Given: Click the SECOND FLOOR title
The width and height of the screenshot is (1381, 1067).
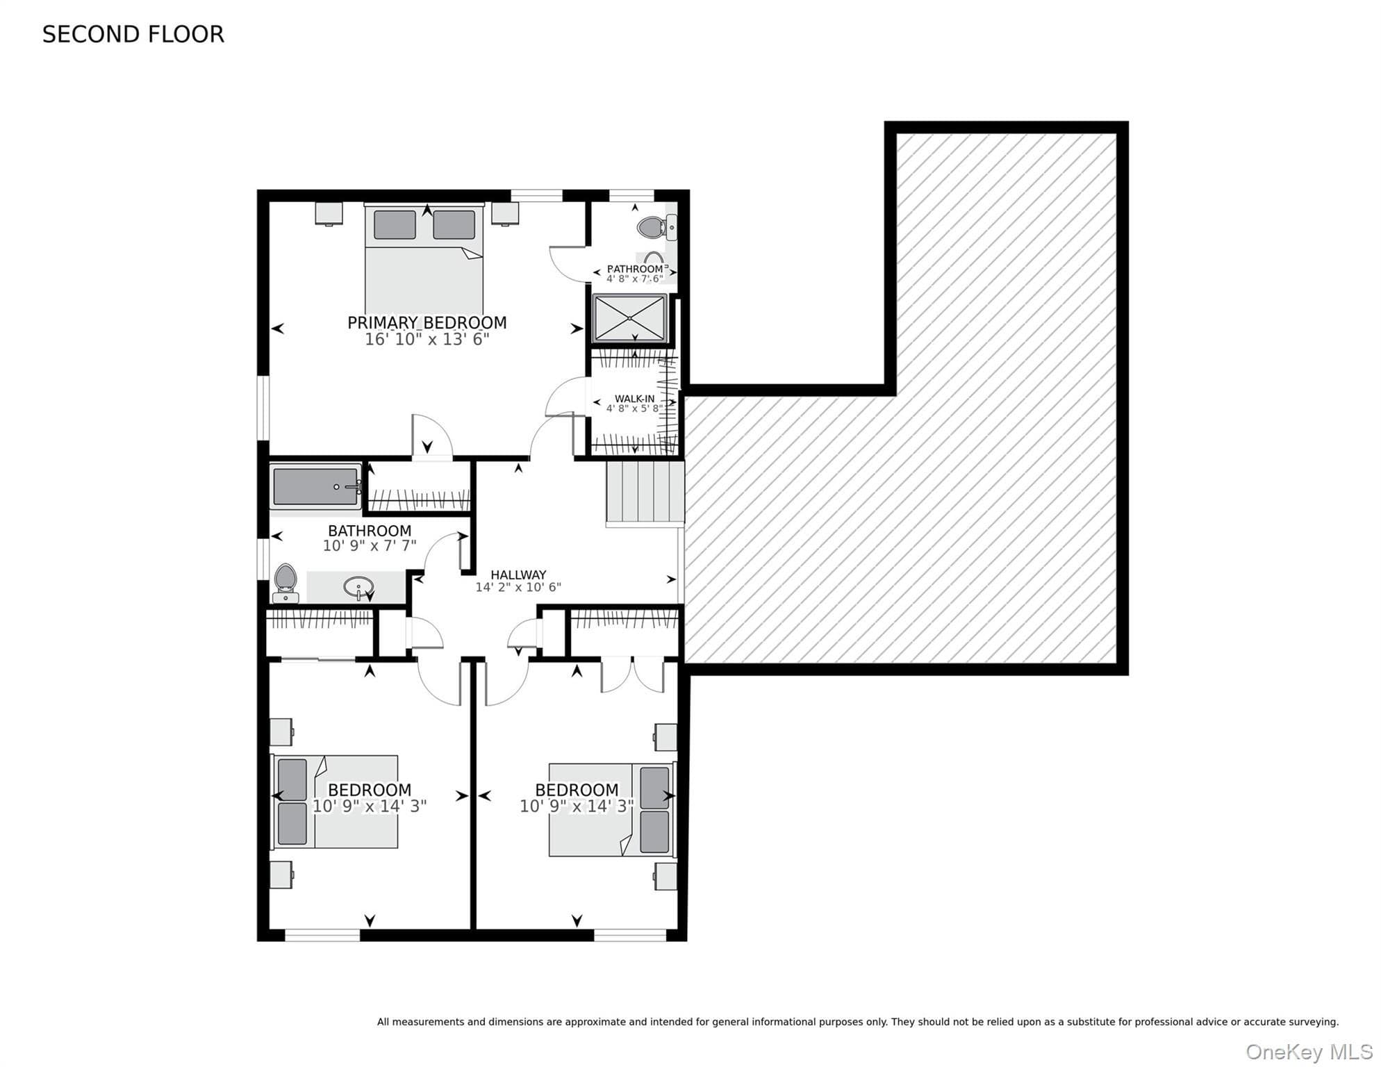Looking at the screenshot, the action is tap(133, 34).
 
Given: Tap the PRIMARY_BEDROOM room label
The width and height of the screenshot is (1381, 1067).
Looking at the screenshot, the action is tap(427, 322).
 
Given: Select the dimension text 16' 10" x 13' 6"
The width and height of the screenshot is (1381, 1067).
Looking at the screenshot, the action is tap(427, 339).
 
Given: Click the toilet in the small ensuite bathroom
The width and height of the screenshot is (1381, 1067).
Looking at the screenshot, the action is tap(657, 227).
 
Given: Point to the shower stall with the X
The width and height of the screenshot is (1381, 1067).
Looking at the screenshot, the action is tap(629, 318).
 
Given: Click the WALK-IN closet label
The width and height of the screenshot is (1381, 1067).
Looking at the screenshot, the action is tap(634, 399).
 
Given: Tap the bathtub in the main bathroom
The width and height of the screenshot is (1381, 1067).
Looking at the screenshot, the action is tap(317, 487).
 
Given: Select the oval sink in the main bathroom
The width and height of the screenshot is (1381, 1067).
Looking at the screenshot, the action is tap(358, 588).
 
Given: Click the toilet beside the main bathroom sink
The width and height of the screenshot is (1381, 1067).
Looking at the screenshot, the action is tap(286, 584).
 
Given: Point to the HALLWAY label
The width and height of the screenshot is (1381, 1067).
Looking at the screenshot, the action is tap(518, 574).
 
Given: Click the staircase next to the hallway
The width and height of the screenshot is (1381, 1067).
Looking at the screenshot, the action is tap(645, 493).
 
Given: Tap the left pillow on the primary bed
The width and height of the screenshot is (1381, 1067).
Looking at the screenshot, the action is tap(395, 224).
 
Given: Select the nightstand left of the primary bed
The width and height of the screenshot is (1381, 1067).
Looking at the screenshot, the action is tap(329, 213).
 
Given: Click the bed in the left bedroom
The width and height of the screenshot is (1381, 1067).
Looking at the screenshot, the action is tap(334, 802).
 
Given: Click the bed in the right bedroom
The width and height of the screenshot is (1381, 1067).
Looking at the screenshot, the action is tap(612, 810).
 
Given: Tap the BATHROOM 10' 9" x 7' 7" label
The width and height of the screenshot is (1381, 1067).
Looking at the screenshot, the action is tap(370, 538).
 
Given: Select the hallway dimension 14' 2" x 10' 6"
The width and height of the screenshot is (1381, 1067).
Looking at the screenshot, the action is tap(518, 587).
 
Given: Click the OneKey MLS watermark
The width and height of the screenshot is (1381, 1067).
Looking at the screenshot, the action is tap(1309, 1052).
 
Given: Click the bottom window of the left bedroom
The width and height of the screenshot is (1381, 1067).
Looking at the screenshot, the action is tap(322, 935).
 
